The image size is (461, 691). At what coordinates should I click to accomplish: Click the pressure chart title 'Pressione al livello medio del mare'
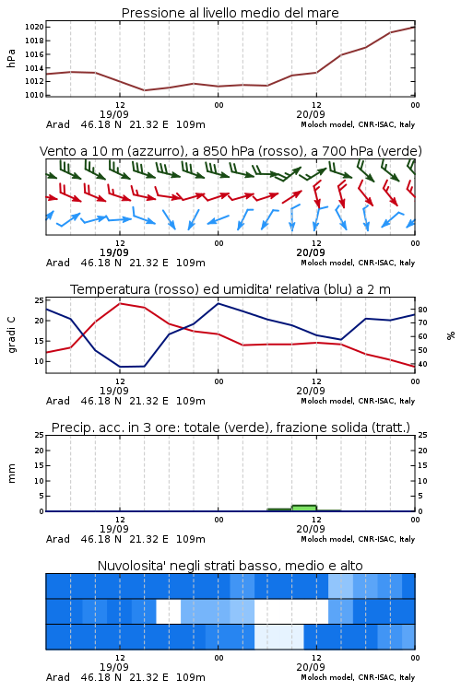pyautogui.click(x=230, y=13)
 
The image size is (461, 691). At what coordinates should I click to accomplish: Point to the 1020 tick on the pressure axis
pyautogui.click(x=34, y=27)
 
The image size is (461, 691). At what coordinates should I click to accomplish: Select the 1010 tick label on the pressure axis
pyautogui.click(x=34, y=95)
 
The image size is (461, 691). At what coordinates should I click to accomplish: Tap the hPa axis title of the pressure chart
pyautogui.click(x=11, y=58)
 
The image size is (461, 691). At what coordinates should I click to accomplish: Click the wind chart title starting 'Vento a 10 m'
pyautogui.click(x=230, y=151)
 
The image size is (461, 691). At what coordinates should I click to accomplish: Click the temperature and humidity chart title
pyautogui.click(x=230, y=289)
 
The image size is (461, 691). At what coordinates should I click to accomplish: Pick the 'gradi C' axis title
pyautogui.click(x=11, y=334)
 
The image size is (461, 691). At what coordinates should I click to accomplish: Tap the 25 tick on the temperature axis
pyautogui.click(x=40, y=300)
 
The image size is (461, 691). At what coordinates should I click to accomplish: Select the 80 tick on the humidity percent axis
pyautogui.click(x=422, y=310)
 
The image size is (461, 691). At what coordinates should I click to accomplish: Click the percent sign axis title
pyautogui.click(x=451, y=335)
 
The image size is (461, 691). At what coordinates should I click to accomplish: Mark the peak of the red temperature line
pyautogui.click(x=120, y=304)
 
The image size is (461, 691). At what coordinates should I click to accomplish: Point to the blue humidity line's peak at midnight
pyautogui.click(x=218, y=304)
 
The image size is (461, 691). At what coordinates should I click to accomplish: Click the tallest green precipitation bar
pyautogui.click(x=304, y=508)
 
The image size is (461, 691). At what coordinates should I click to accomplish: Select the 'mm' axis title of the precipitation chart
pyautogui.click(x=11, y=474)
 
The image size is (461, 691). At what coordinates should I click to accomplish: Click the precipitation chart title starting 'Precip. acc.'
pyautogui.click(x=230, y=427)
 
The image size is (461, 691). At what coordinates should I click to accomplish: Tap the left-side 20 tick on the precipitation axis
pyautogui.click(x=40, y=451)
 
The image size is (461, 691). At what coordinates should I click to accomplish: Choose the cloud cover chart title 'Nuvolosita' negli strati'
pyautogui.click(x=230, y=566)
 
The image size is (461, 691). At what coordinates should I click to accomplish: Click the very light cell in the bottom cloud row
pyautogui.click(x=279, y=637)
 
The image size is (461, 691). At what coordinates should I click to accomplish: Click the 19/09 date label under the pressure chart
pyautogui.click(x=113, y=114)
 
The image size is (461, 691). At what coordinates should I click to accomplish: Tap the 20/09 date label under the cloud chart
pyautogui.click(x=311, y=667)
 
